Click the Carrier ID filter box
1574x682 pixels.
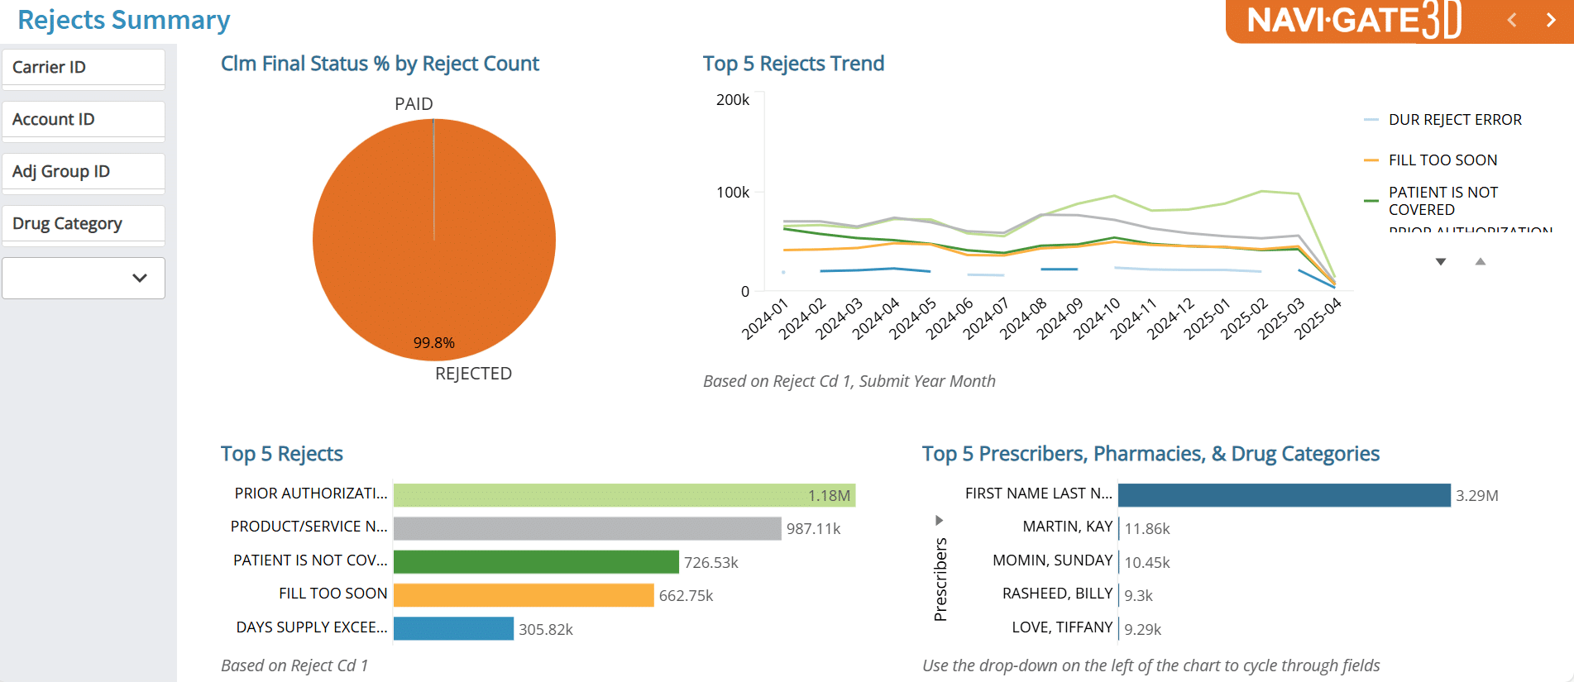pyautogui.click(x=83, y=68)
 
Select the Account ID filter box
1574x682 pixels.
pyautogui.click(x=83, y=120)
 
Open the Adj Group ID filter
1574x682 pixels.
pyautogui.click(x=83, y=172)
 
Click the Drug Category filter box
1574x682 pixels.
pyautogui.click(x=83, y=224)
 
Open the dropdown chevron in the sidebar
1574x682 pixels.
pyautogui.click(x=140, y=279)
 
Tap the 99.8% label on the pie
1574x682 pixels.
pyautogui.click(x=434, y=343)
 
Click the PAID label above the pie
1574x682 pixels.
pyautogui.click(x=414, y=104)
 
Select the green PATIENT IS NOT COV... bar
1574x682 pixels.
pyautogui.click(x=536, y=562)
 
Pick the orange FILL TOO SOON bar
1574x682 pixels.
pyautogui.click(x=524, y=595)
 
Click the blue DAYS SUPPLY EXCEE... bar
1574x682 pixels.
pyautogui.click(x=453, y=629)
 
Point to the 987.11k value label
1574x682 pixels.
pyautogui.click(x=813, y=529)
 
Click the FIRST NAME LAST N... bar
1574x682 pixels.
pyautogui.click(x=1284, y=495)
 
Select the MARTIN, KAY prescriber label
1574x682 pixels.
pyautogui.click(x=1067, y=527)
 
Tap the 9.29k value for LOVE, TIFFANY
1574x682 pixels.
pyautogui.click(x=1142, y=630)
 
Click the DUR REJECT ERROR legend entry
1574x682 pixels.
pyautogui.click(x=1454, y=120)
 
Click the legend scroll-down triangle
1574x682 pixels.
pyautogui.click(x=1441, y=262)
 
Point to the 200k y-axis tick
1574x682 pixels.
pyautogui.click(x=733, y=100)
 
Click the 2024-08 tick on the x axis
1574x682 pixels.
pyautogui.click(x=1024, y=319)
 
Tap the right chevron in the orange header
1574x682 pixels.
pyautogui.click(x=1551, y=20)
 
